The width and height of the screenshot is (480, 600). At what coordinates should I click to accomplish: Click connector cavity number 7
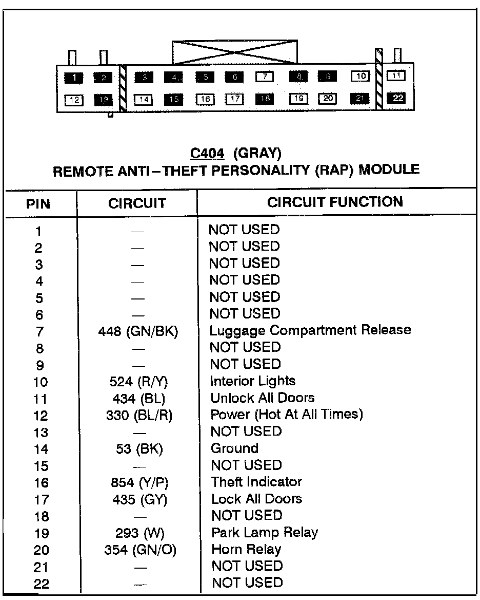265,77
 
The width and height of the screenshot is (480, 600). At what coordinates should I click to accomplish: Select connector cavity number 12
74,100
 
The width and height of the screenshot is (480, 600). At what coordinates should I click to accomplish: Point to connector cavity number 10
361,77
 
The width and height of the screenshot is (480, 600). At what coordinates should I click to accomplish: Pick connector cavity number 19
298,99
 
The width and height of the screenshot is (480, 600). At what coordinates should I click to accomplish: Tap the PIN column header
38,204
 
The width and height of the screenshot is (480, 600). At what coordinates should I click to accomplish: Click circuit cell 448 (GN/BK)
138,331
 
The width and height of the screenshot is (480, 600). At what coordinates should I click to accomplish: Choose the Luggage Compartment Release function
310,330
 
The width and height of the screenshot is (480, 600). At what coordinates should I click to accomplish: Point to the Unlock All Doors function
263,398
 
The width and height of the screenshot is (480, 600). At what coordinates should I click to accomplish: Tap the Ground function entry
234,448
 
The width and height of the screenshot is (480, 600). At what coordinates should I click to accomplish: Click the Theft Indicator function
256,482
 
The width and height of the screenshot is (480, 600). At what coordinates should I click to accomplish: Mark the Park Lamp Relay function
265,532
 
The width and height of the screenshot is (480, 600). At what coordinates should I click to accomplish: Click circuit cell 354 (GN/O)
140,550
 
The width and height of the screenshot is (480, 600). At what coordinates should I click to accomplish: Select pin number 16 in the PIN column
41,483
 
